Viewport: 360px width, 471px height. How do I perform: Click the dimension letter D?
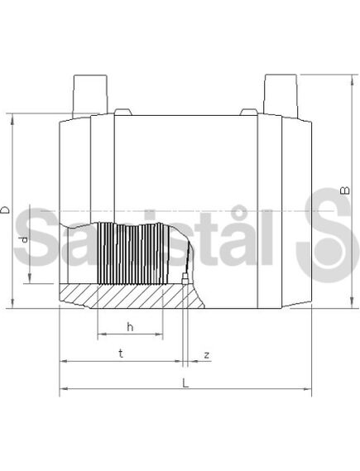coord(6,209)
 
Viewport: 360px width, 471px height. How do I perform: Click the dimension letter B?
coord(346,190)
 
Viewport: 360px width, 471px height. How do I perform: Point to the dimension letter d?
coord(24,238)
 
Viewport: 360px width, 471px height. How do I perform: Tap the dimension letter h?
coord(130,326)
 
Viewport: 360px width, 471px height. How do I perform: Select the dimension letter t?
coord(121,353)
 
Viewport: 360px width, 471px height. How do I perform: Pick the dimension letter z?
coord(207,355)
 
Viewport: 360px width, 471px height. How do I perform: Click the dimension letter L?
coord(186,383)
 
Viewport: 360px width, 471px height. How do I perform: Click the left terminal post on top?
coord(89,96)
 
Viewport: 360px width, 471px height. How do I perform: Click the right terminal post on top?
coord(281,95)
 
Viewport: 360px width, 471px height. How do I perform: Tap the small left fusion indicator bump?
coord(123,112)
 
